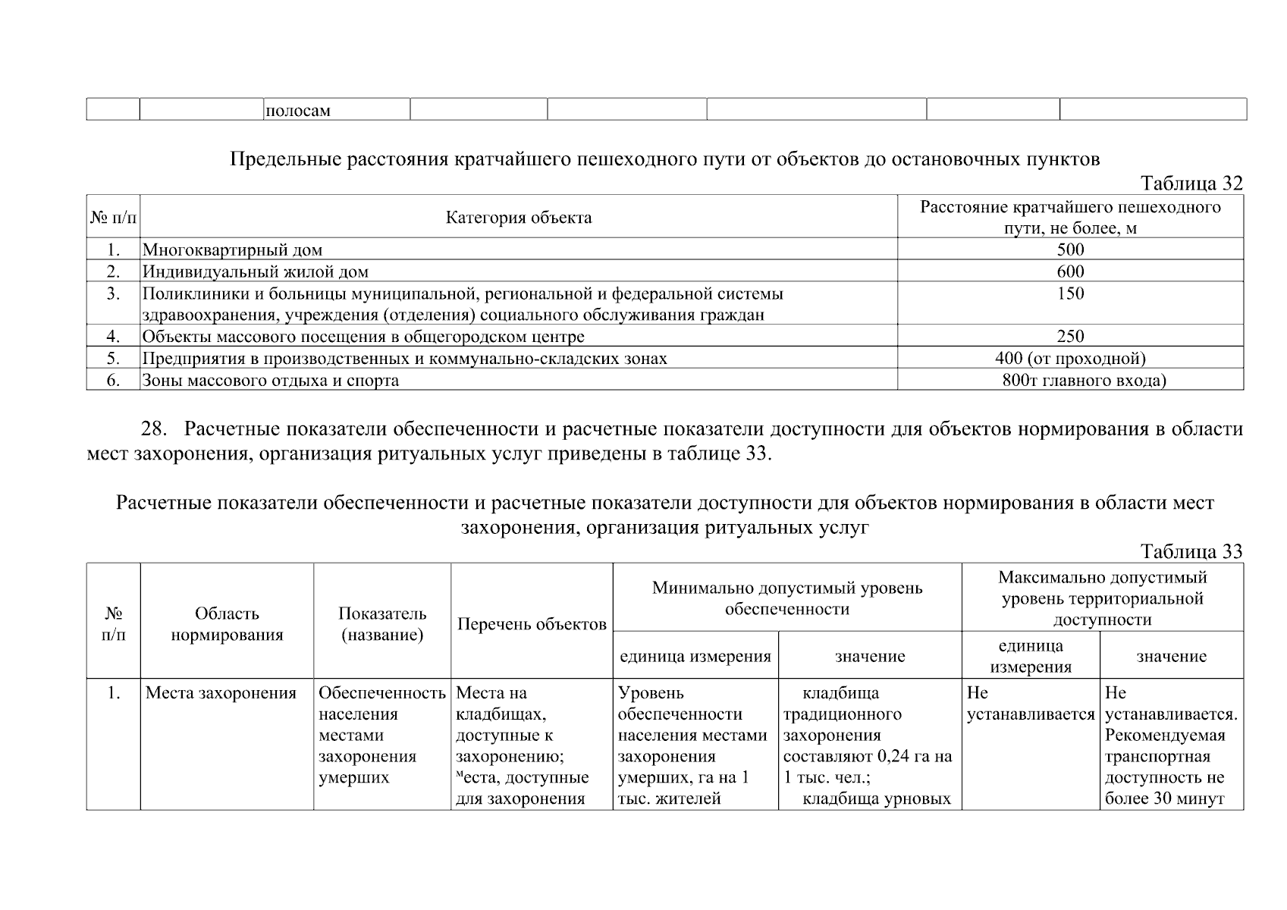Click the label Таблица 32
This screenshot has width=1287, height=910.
click(x=1191, y=184)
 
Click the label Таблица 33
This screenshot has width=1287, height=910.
click(x=1191, y=551)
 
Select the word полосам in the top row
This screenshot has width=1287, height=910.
click(x=297, y=111)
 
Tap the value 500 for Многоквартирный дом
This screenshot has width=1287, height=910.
click(x=1070, y=249)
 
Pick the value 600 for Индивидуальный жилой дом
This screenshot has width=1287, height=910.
click(x=1070, y=271)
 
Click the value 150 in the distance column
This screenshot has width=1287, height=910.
click(x=1070, y=293)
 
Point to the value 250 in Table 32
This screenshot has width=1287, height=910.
click(x=1070, y=336)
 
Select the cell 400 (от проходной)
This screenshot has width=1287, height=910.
click(x=1070, y=358)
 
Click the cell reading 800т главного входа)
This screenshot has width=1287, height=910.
click(x=1084, y=380)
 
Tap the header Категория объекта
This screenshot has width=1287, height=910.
click(x=519, y=218)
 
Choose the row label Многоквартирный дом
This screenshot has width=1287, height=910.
click(x=232, y=249)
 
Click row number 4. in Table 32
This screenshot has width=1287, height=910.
click(x=113, y=336)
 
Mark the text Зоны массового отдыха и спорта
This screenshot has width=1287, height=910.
click(x=271, y=380)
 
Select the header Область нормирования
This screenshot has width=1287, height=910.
click(x=227, y=624)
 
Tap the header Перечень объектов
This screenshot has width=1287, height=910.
click(x=532, y=624)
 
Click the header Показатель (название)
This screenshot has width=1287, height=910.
click(x=382, y=624)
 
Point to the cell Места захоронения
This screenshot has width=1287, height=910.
click(x=221, y=693)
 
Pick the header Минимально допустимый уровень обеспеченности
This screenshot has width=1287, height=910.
click(x=786, y=598)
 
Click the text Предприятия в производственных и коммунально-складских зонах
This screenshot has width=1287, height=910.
click(x=405, y=358)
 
